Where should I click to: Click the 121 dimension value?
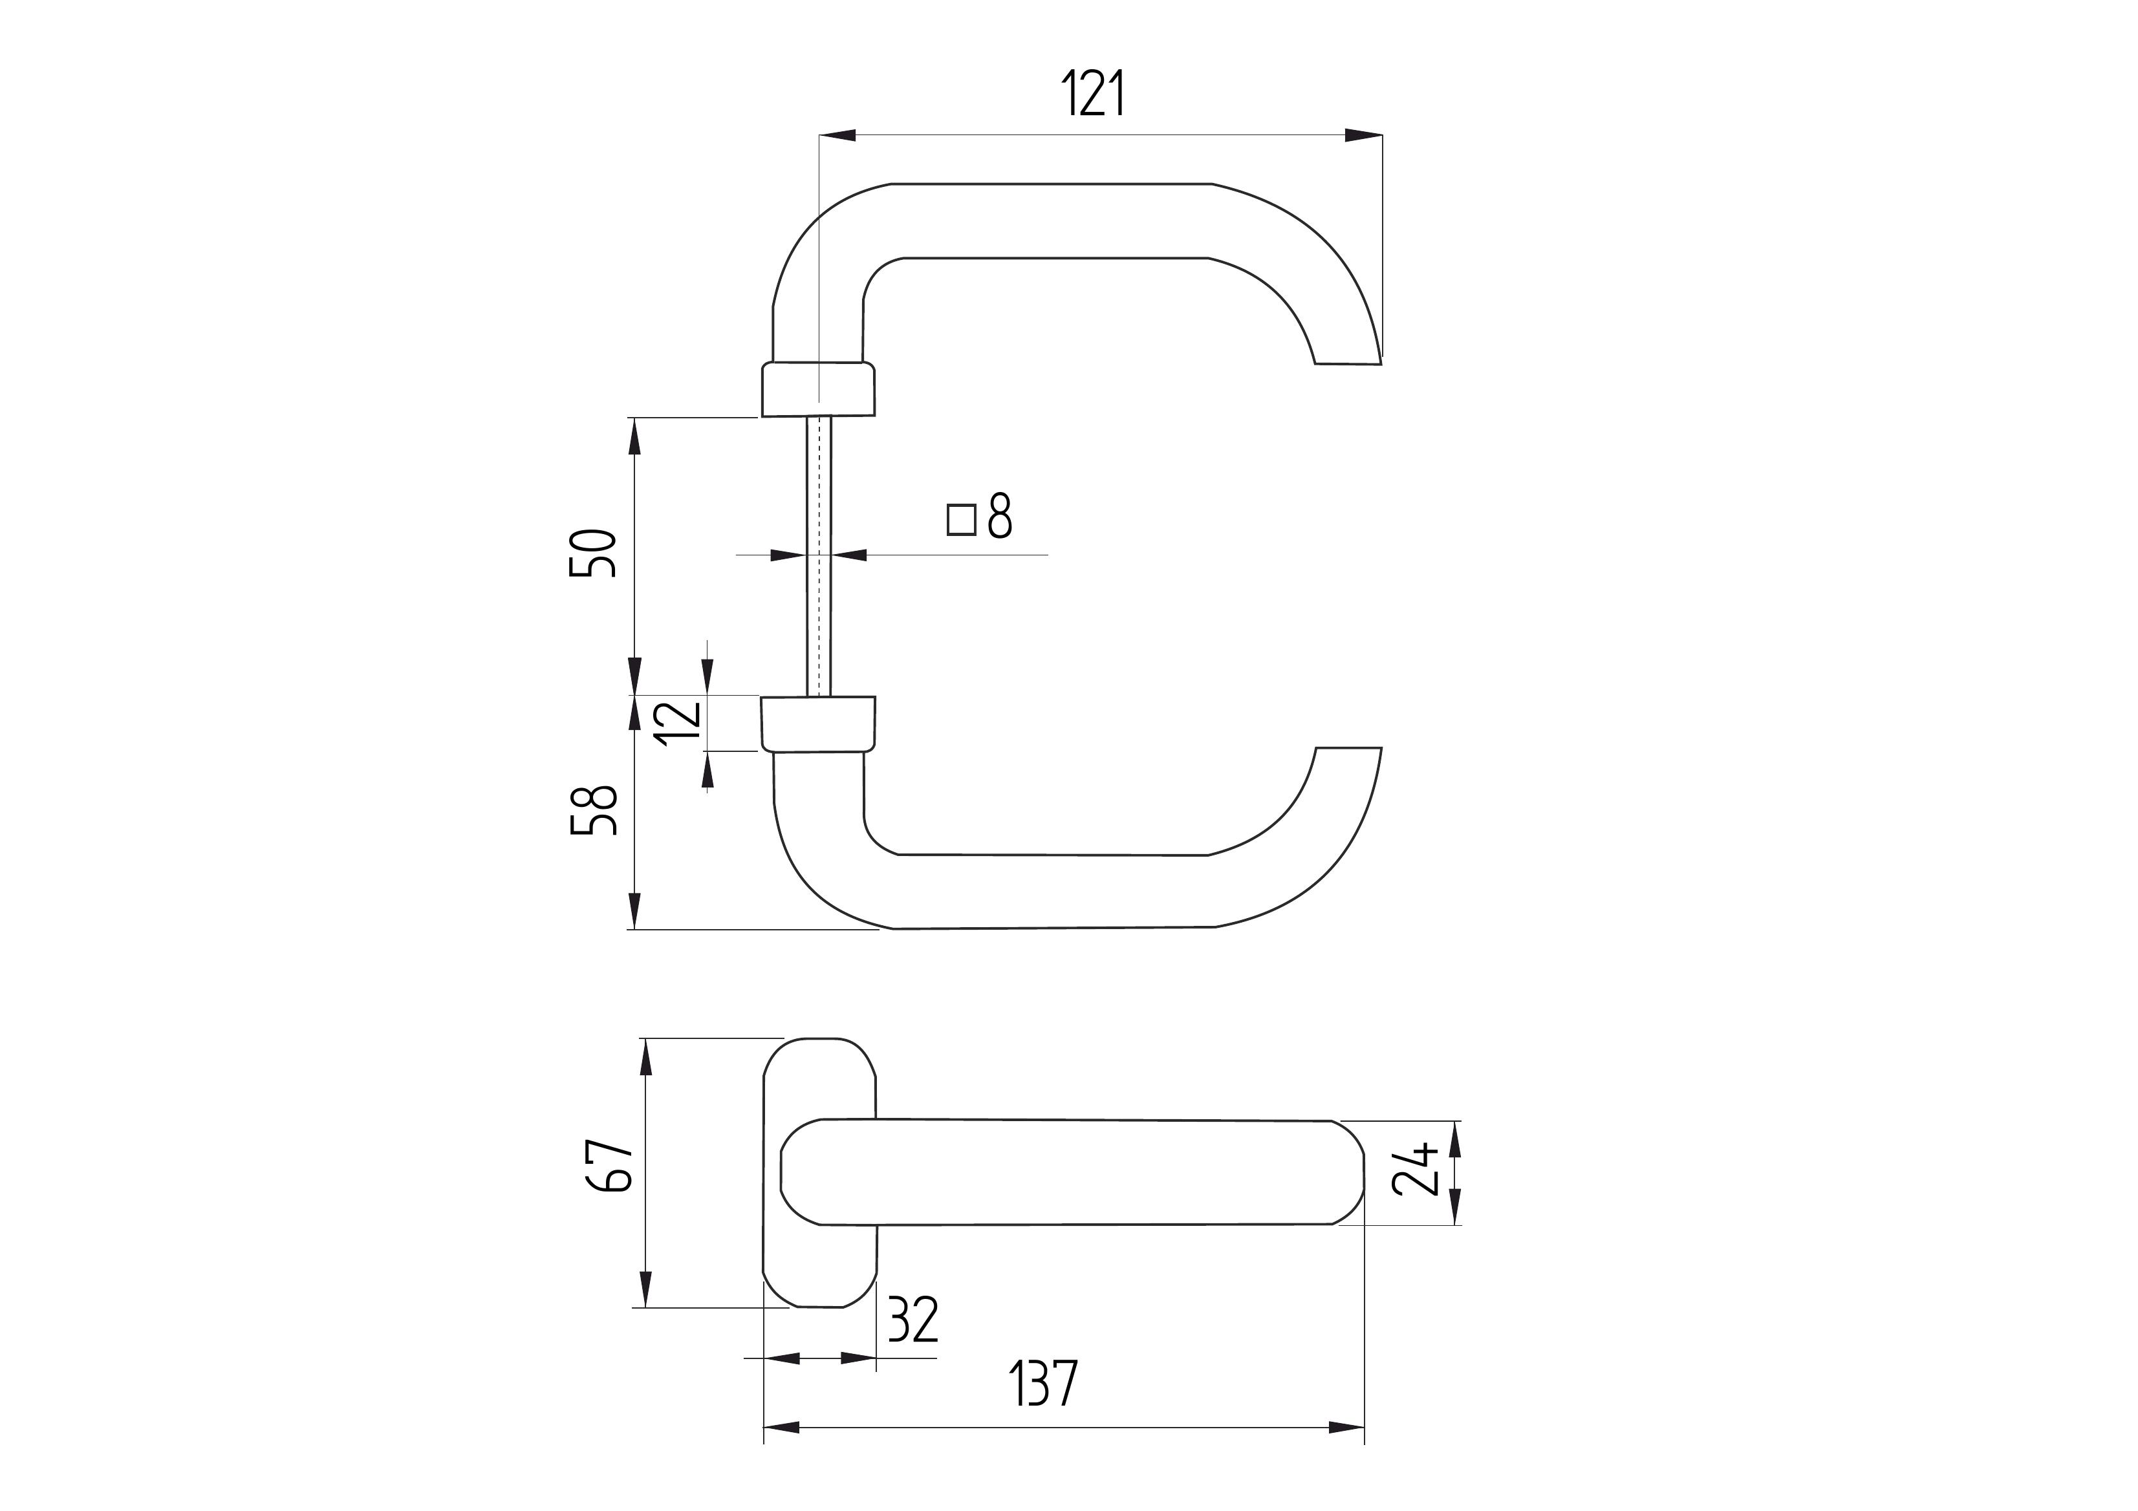(x=1094, y=93)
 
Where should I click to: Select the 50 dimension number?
(x=593, y=553)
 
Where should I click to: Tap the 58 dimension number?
(x=593, y=810)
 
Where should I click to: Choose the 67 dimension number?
(x=610, y=1164)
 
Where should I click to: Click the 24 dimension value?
(x=1416, y=1170)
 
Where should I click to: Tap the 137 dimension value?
(x=1044, y=1382)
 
